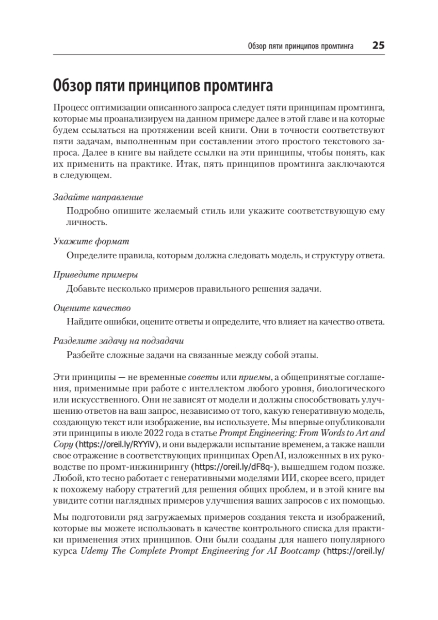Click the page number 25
(378, 45)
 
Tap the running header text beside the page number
(300, 46)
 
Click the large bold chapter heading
(163, 84)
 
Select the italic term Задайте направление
(98, 197)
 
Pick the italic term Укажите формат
(91, 241)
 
